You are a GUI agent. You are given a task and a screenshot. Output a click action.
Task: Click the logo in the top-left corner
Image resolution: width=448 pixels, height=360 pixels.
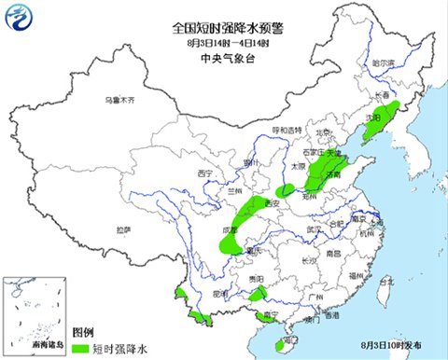click(20, 18)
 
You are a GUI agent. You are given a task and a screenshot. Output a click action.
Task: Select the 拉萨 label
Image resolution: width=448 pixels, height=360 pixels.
click(123, 229)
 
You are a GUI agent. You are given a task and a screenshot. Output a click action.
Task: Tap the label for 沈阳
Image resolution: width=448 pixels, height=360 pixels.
click(373, 118)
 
